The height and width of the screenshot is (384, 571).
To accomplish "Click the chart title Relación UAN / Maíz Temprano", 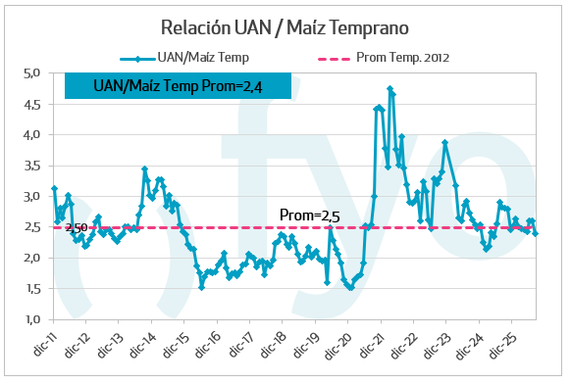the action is point(285,27).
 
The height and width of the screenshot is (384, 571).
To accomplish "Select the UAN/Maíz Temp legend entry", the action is point(184,58).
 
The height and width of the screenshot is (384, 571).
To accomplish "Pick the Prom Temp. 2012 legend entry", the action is point(384,58).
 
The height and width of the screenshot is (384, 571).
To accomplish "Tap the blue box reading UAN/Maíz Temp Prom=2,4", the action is point(179,86).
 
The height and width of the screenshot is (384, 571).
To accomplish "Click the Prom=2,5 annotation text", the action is point(309,216).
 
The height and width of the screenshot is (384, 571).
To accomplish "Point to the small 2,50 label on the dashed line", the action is point(77,227).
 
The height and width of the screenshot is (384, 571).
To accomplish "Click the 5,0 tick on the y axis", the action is point(31,73).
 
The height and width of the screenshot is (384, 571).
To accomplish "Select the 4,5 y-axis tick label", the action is point(31,105).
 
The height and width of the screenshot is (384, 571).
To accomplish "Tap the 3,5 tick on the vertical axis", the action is point(31,166).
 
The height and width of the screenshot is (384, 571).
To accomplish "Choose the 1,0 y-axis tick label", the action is point(32,319).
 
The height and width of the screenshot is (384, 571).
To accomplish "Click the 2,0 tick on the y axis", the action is point(31,258).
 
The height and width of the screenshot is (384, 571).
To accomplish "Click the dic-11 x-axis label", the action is point(44,344).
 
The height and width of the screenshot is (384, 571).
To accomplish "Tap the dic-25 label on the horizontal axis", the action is point(502,345).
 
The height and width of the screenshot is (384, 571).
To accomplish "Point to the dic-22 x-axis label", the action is point(403,345).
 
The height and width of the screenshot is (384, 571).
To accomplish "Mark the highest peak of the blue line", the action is point(390,88).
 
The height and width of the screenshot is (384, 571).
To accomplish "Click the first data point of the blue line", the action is point(54,188).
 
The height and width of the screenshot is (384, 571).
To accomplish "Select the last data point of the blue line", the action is point(536,234).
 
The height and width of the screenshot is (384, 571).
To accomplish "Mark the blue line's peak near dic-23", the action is point(444,143).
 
